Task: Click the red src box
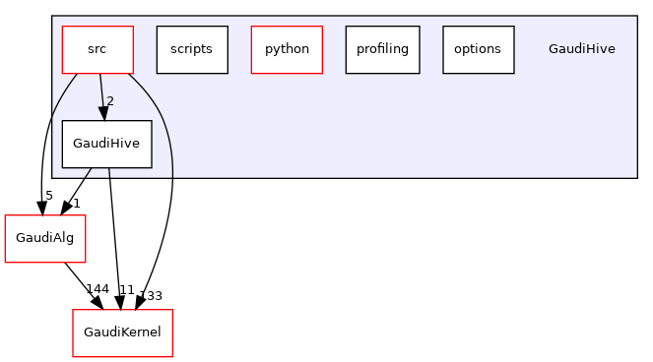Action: pyautogui.click(x=98, y=48)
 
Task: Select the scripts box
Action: pyautogui.click(x=192, y=48)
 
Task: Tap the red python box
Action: pyautogui.click(x=287, y=48)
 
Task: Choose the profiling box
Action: pyautogui.click(x=382, y=48)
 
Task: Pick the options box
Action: pyautogui.click(x=478, y=48)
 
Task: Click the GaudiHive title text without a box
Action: pyautogui.click(x=581, y=48)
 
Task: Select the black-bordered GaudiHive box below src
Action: pyautogui.click(x=107, y=144)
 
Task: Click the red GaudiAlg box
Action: pyautogui.click(x=40, y=237)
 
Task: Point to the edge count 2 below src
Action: pyautogui.click(x=110, y=101)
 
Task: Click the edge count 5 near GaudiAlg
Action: pyautogui.click(x=48, y=196)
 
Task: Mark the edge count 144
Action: pyautogui.click(x=97, y=289)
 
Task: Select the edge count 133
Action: pyautogui.click(x=151, y=295)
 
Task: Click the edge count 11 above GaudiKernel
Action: pyautogui.click(x=125, y=289)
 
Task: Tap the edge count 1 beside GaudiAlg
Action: pyautogui.click(x=76, y=201)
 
